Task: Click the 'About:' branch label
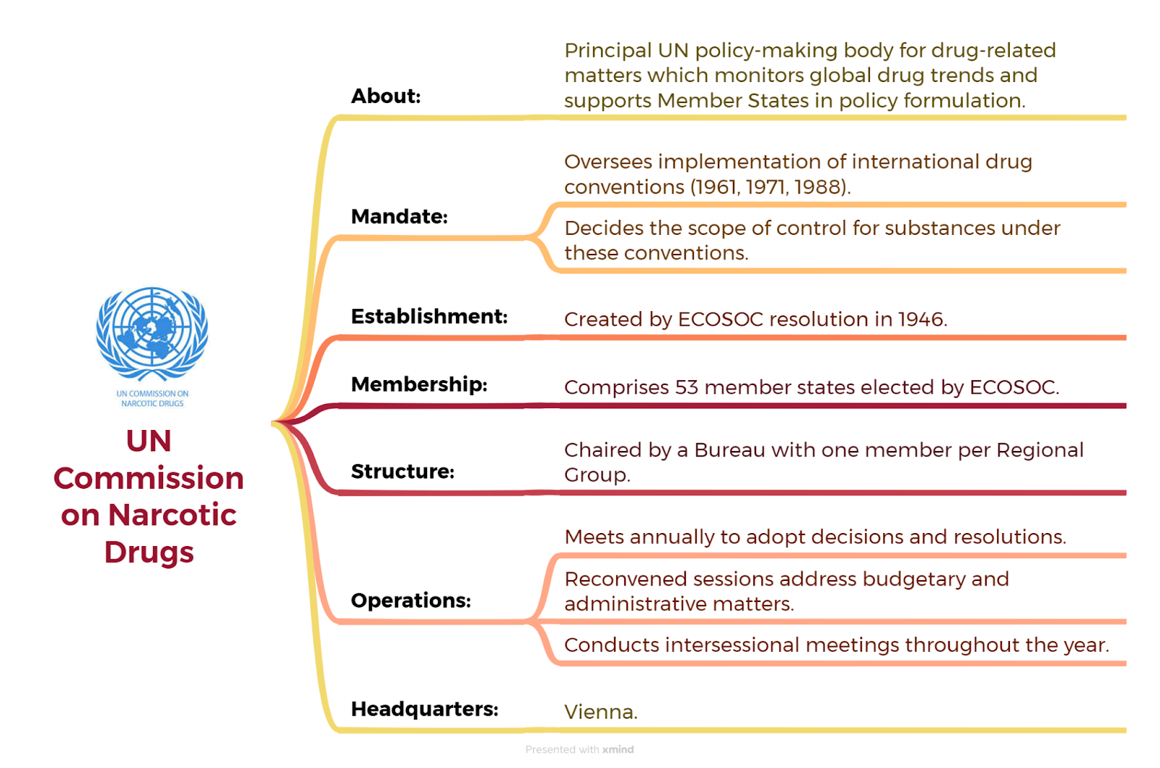386,96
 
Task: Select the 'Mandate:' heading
399,216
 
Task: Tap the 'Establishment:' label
429,316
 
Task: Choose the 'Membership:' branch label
419,384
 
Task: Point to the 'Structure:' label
402,471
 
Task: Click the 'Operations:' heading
410,600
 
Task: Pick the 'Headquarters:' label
425,709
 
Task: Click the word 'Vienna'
598,712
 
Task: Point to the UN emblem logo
152,333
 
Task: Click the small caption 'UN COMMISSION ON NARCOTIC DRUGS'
152,398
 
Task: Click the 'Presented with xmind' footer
579,749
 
